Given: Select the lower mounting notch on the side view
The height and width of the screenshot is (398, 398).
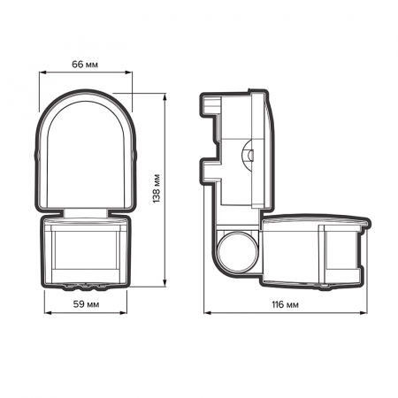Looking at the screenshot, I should [x=209, y=169].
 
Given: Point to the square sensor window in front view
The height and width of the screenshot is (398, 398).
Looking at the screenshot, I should [x=86, y=252].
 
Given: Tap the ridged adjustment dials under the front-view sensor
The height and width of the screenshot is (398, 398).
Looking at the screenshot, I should [x=86, y=285].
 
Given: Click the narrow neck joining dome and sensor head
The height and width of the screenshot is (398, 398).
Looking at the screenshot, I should [x=86, y=212].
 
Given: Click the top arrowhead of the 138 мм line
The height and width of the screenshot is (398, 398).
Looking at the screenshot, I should [x=165, y=91].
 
